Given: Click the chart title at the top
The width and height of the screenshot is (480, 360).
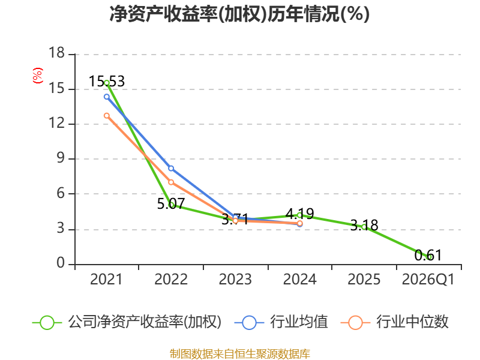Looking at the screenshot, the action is (x=239, y=14).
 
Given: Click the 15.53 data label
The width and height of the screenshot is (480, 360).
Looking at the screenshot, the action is (x=107, y=82).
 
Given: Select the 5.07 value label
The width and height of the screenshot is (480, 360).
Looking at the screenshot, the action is (x=171, y=203).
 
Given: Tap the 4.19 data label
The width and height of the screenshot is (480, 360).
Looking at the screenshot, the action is (x=299, y=214).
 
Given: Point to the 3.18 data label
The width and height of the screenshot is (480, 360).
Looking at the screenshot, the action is (x=364, y=226).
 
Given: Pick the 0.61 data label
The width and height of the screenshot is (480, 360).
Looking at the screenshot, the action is (x=428, y=256).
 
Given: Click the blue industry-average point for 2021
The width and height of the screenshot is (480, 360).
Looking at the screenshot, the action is (x=107, y=97).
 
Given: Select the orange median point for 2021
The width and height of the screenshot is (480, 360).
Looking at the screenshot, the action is (x=107, y=116).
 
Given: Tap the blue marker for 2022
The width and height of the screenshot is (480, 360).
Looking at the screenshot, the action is (x=171, y=169).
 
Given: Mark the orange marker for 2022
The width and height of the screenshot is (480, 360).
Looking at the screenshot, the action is (x=171, y=182).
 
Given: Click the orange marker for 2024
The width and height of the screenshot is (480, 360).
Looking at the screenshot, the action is (x=299, y=223).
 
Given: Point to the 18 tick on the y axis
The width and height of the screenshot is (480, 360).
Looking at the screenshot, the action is (x=56, y=53).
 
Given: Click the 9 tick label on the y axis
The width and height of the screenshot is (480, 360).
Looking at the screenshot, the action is (x=61, y=158).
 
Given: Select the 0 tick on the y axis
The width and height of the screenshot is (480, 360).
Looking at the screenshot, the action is (x=61, y=263).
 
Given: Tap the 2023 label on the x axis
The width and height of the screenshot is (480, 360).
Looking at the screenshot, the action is (x=235, y=279).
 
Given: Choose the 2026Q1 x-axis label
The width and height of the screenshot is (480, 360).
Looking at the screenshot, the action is (x=428, y=279).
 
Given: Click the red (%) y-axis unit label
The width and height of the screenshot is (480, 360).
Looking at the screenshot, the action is (x=38, y=76).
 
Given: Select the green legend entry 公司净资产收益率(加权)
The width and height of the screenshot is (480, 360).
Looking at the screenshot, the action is (x=127, y=322).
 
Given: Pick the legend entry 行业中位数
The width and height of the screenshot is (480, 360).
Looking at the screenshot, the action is (x=395, y=322).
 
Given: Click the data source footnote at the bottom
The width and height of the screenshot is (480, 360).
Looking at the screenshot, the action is (x=240, y=354).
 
